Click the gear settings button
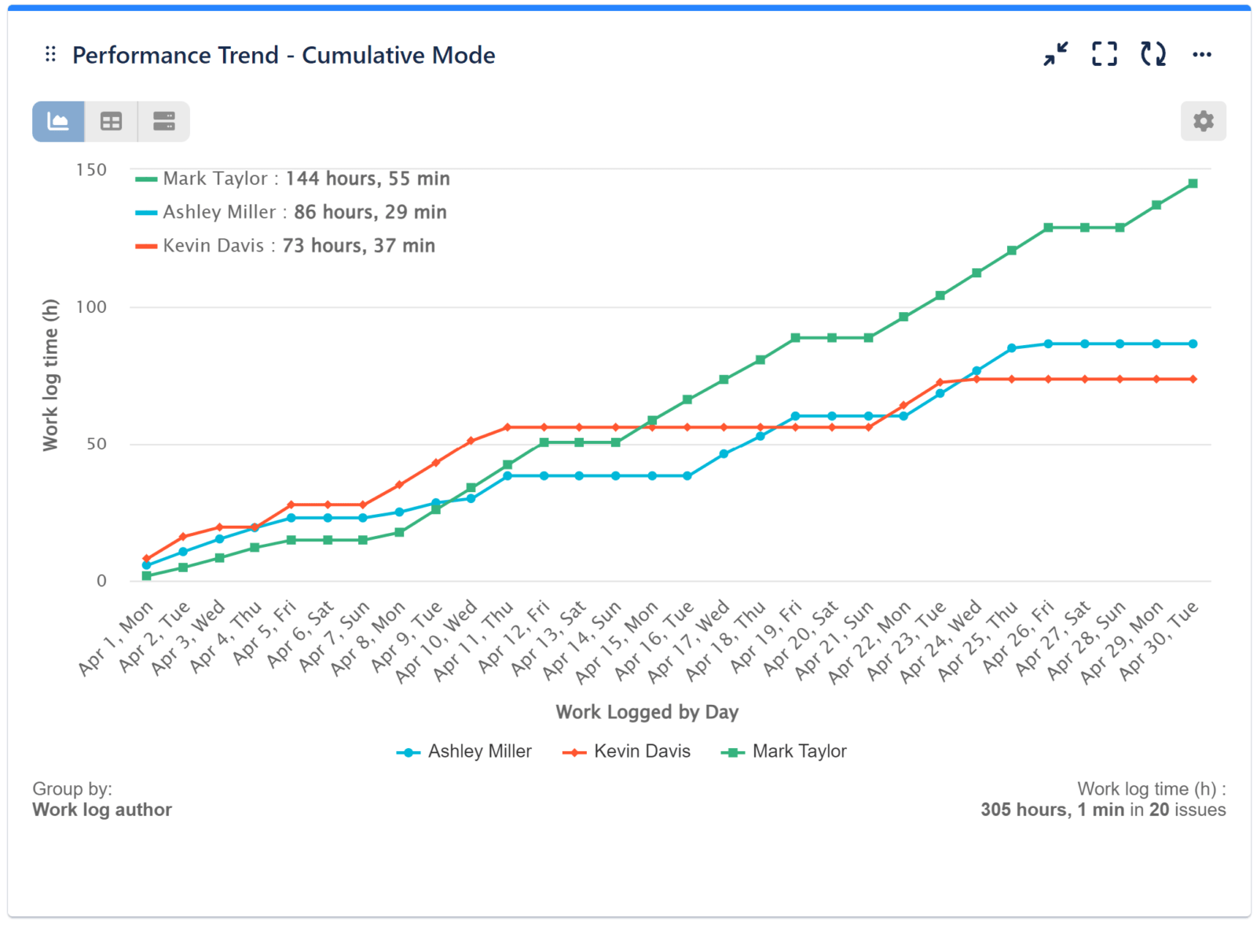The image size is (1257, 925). tap(1203, 121)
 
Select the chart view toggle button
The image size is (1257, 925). tap(58, 121)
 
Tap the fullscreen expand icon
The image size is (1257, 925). tap(1104, 54)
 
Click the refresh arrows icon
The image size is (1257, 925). tap(1153, 54)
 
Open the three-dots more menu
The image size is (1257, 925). tap(1201, 54)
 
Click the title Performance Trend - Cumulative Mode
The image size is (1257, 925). tap(284, 55)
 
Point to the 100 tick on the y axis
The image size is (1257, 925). tap(91, 307)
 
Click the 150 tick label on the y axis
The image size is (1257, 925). tap(91, 170)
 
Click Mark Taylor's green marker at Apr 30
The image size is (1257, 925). tap(1193, 184)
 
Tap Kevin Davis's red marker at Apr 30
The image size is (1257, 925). tap(1193, 380)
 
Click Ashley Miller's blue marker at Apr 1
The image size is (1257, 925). tap(146, 565)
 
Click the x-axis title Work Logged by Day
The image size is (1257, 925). tap(647, 712)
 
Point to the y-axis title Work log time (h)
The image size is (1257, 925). tap(50, 375)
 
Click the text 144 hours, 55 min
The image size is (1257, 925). tap(368, 178)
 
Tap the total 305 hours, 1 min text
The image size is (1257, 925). tap(1052, 810)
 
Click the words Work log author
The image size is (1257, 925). tap(102, 810)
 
